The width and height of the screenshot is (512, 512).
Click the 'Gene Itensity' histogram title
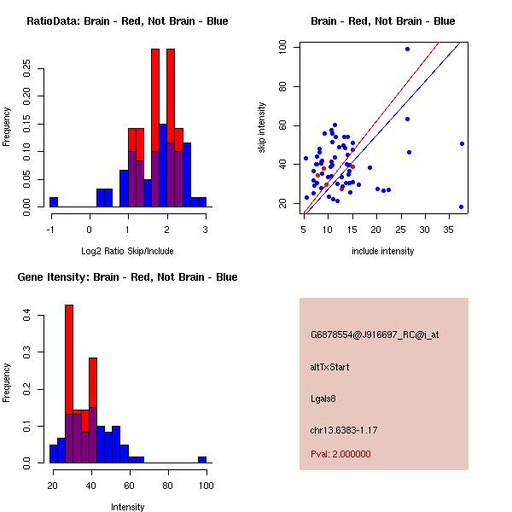(x=119, y=276)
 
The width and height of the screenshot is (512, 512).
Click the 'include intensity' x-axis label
(x=382, y=251)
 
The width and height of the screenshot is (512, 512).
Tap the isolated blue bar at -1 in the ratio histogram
(x=54, y=202)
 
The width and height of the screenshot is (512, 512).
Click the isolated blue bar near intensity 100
(x=202, y=459)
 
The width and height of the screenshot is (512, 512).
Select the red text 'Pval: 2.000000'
(x=340, y=454)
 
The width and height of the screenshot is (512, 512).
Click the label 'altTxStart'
(x=330, y=367)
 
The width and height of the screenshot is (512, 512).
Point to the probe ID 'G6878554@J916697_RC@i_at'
(x=375, y=335)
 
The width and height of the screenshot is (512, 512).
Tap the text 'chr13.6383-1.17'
(x=344, y=428)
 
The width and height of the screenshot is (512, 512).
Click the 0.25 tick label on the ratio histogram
(x=27, y=67)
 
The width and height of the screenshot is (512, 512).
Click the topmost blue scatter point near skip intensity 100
(x=407, y=49)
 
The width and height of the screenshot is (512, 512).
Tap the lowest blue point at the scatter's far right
(x=461, y=207)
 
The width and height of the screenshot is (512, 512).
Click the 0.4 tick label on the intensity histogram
(x=27, y=316)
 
